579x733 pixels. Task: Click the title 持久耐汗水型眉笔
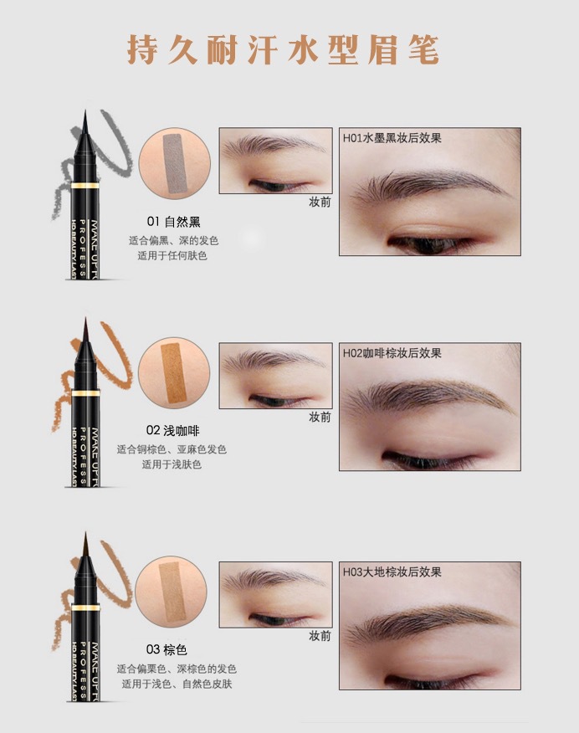(283, 49)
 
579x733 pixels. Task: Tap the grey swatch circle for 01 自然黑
(174, 164)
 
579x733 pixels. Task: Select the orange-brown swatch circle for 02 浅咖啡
(174, 373)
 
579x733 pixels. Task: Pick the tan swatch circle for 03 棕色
(171, 592)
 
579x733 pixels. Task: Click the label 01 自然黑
(173, 222)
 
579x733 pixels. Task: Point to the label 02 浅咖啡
(173, 430)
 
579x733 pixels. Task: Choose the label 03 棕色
(167, 649)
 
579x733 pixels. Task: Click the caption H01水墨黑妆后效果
(392, 138)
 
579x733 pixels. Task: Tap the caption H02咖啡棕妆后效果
(392, 353)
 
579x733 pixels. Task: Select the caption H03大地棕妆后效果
(392, 572)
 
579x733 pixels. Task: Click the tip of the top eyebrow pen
(85, 110)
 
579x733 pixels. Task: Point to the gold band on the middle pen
(85, 393)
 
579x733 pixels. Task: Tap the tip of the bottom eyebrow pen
(85, 533)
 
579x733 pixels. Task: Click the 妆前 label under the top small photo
(320, 202)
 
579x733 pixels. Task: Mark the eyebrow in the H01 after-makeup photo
(429, 186)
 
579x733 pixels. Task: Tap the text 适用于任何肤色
(172, 256)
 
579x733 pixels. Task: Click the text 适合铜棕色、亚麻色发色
(172, 449)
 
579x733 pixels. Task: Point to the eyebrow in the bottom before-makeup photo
(274, 579)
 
